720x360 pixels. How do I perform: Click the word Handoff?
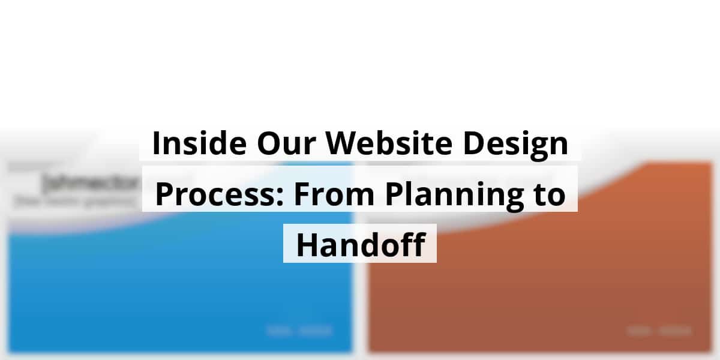[x=361, y=244]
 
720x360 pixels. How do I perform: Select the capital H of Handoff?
[x=307, y=244]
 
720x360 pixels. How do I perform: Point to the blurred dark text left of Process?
[x=90, y=183]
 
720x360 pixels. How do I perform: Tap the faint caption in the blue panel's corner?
[x=299, y=330]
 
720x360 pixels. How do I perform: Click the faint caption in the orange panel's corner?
[x=659, y=330]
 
